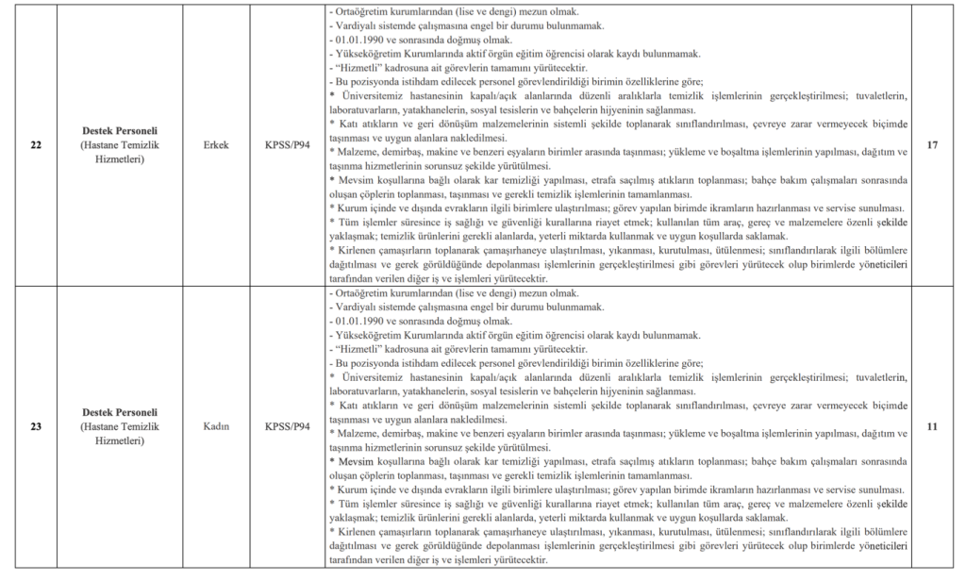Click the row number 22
click(36, 146)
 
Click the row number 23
click(36, 426)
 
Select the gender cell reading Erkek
click(216, 146)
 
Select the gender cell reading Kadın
click(216, 426)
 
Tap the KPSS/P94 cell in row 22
click(288, 146)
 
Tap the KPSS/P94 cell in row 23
click(288, 426)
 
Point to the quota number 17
click(931, 146)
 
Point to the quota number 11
click(931, 426)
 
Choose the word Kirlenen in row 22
click(358, 251)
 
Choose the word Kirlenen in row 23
click(358, 531)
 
